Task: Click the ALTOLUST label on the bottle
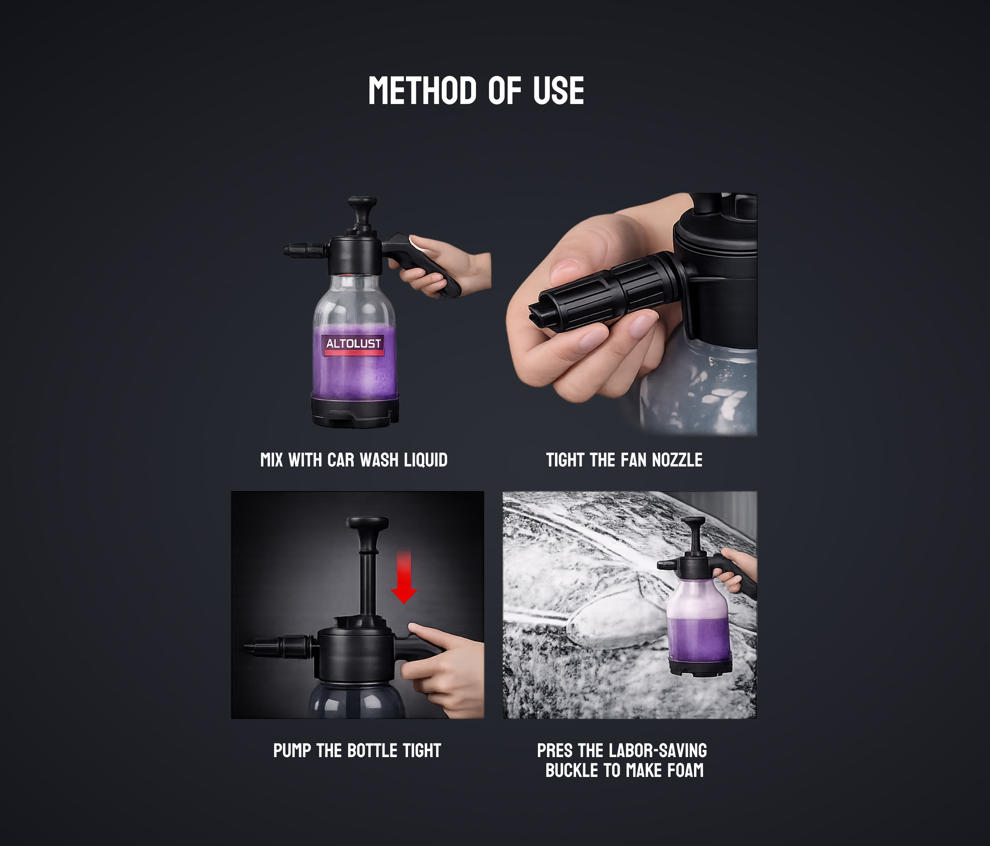(354, 344)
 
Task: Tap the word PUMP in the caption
(292, 750)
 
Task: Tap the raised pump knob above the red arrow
(367, 523)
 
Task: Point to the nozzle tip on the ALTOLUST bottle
(290, 250)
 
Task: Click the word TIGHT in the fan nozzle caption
(565, 460)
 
